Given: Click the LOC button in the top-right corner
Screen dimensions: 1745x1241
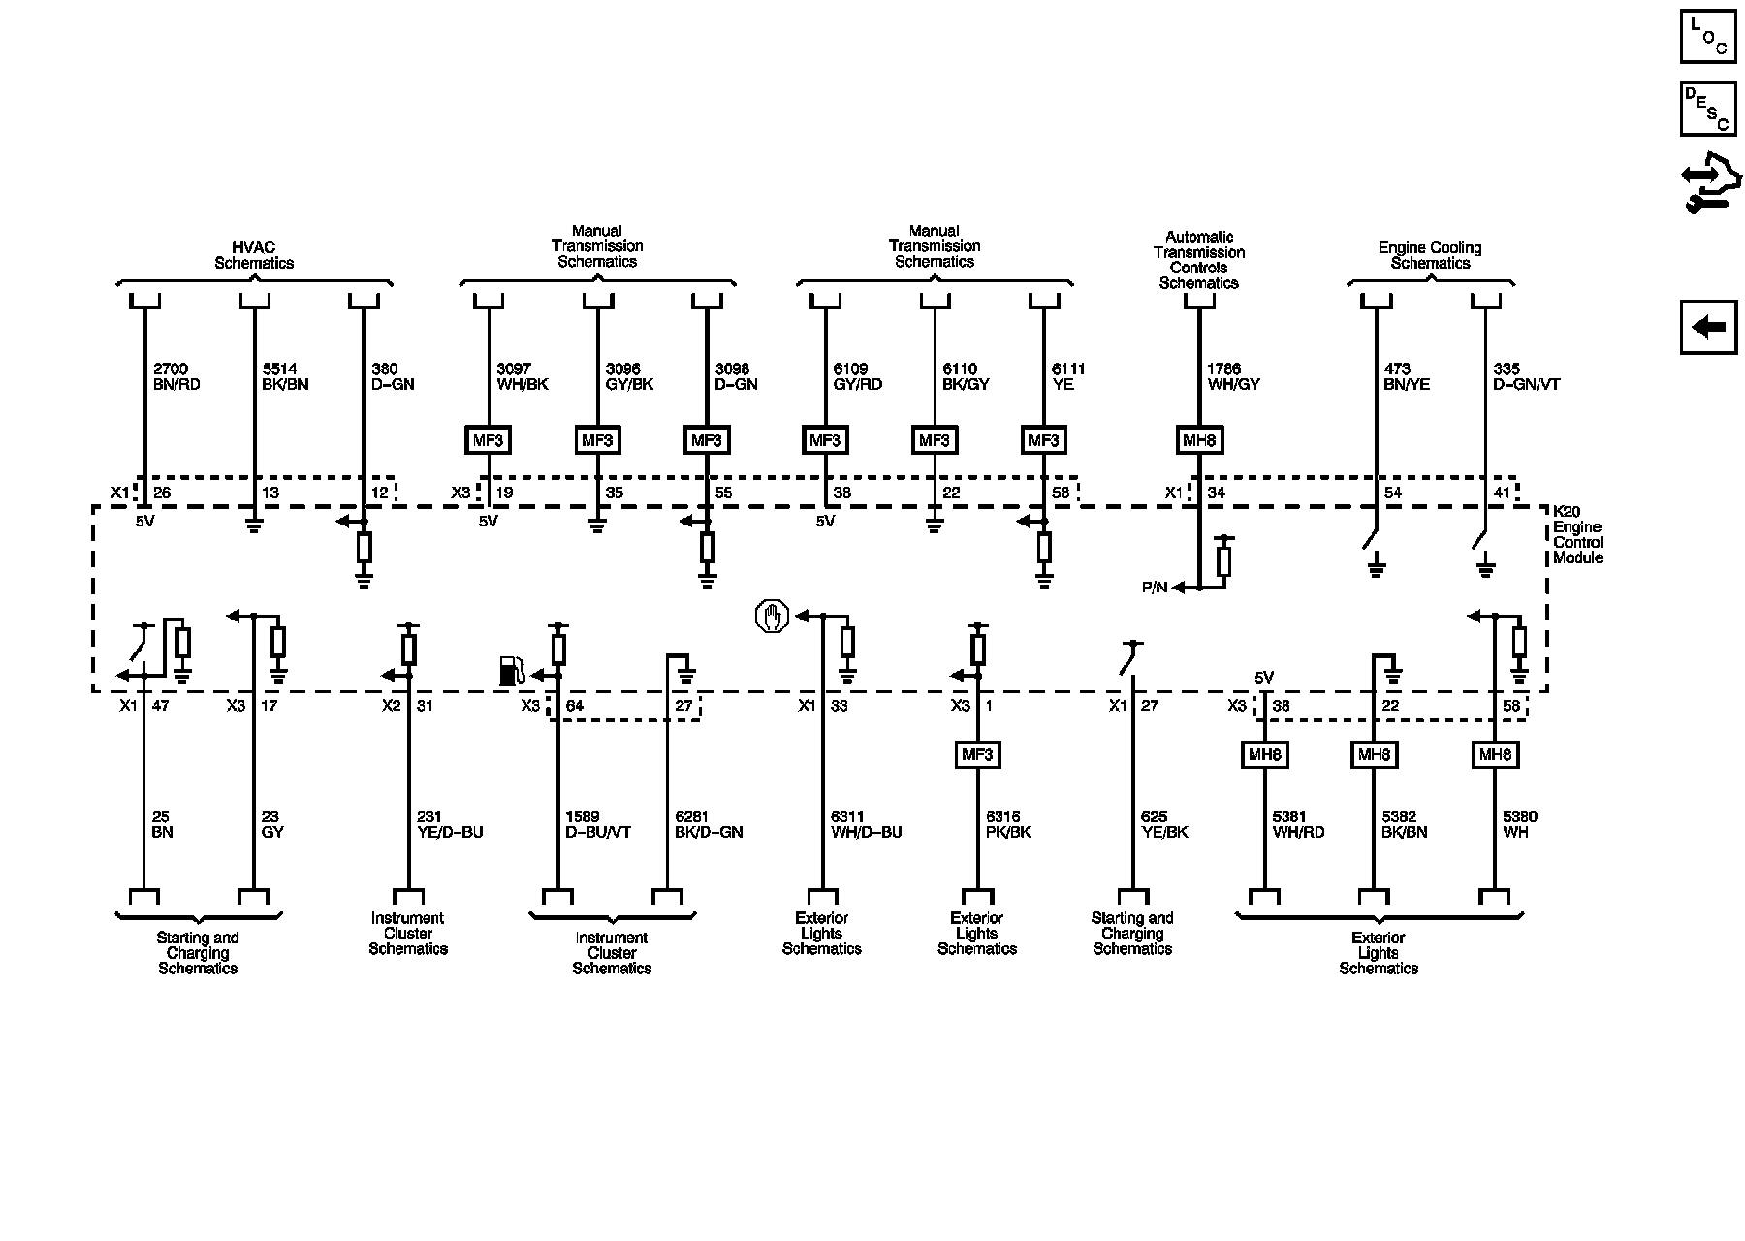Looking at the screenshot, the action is pyautogui.click(x=1708, y=36).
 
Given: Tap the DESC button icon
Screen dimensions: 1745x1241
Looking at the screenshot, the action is pyautogui.click(x=1708, y=110).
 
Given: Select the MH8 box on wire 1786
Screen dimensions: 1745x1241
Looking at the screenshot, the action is pyautogui.click(x=1199, y=440).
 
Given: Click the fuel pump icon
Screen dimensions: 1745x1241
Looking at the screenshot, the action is pyautogui.click(x=511, y=671).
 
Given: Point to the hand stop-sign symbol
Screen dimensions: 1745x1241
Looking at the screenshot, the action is pyautogui.click(x=772, y=617).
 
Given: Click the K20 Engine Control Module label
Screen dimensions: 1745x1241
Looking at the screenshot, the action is pyautogui.click(x=1578, y=534).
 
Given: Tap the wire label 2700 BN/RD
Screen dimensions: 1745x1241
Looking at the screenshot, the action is pyautogui.click(x=176, y=376).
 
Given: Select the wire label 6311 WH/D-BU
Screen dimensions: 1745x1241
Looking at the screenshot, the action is pyautogui.click(x=866, y=824).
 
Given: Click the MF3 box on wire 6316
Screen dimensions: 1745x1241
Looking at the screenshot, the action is pyautogui.click(x=977, y=754).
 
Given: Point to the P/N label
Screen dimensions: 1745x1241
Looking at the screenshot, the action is pyautogui.click(x=1155, y=588).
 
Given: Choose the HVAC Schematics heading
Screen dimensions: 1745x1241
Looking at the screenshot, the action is pyautogui.click(x=254, y=255).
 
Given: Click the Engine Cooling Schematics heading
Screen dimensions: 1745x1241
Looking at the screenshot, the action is pyautogui.click(x=1430, y=255).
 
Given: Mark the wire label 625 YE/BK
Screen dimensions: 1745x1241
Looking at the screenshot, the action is pyautogui.click(x=1163, y=824).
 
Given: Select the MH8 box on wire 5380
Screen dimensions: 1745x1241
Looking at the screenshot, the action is pyautogui.click(x=1495, y=754).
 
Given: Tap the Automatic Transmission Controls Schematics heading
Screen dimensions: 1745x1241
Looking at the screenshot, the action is pyautogui.click(x=1199, y=260).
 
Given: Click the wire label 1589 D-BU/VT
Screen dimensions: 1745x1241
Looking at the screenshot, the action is pyautogui.click(x=597, y=824).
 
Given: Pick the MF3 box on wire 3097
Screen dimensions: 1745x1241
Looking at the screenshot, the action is pyautogui.click(x=488, y=440).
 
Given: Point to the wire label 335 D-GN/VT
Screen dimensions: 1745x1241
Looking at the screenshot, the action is pyautogui.click(x=1527, y=376).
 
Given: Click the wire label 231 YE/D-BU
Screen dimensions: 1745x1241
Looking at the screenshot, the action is pyautogui.click(x=449, y=824).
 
